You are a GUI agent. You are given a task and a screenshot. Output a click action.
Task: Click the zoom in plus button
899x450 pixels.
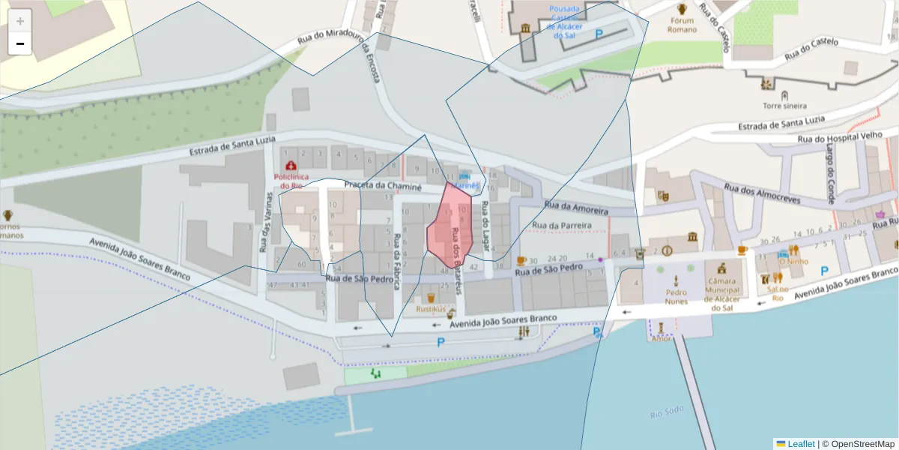[20, 21]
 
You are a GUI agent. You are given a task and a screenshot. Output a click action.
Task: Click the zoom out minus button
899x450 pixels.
[20, 43]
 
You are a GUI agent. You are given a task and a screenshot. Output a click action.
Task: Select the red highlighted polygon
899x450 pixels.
[449, 225]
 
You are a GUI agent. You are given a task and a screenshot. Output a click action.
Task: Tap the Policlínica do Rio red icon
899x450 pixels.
[289, 165]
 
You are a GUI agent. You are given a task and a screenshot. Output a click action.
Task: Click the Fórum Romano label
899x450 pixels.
[682, 25]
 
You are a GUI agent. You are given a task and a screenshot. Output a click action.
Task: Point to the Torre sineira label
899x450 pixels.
[784, 106]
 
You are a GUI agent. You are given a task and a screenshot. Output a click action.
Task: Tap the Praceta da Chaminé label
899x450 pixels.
[383, 184]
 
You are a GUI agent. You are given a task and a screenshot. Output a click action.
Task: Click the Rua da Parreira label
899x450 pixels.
[561, 225]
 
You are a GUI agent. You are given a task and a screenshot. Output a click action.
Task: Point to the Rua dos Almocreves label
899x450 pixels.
[762, 193]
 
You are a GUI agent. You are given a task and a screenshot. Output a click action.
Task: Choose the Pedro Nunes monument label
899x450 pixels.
[676, 297]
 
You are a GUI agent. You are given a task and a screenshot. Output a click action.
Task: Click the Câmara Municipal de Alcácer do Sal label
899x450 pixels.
[721, 294]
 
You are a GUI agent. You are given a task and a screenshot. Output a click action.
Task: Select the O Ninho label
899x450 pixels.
[793, 262]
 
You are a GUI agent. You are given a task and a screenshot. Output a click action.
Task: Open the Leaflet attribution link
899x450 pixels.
[800, 444]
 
